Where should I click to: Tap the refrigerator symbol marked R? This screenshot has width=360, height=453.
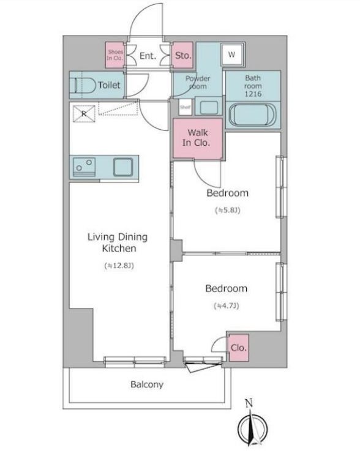click(84, 114)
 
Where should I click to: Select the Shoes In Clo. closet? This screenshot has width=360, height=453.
click(114, 55)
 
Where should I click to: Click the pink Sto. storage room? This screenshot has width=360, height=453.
click(182, 55)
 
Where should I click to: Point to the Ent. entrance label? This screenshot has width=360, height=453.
click(148, 56)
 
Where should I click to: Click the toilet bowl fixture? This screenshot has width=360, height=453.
click(83, 86)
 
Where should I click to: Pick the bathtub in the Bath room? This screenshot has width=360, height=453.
click(252, 115)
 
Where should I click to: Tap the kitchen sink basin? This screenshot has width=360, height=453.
click(123, 167)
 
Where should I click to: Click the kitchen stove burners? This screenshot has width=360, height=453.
click(84, 167)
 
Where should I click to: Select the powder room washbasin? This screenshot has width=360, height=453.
click(209, 108)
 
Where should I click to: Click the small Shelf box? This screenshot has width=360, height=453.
click(185, 107)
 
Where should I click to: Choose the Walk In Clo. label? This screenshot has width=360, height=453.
click(197, 138)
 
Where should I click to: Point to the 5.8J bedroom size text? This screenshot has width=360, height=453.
click(228, 210)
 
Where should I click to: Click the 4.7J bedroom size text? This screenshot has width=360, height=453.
click(227, 305)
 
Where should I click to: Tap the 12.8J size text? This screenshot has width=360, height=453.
click(119, 266)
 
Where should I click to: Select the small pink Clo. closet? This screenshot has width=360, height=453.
click(239, 348)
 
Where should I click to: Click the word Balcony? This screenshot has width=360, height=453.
click(147, 384)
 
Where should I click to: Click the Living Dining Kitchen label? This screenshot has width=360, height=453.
click(118, 242)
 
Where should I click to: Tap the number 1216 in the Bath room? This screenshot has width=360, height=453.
click(253, 94)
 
